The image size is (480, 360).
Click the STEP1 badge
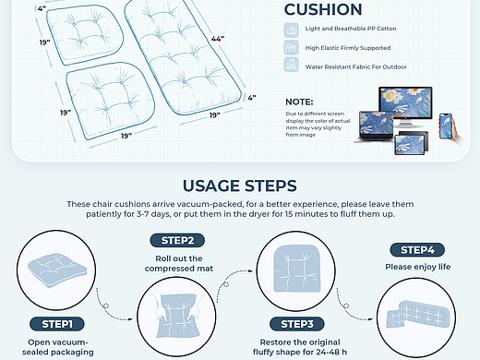tap(57, 324)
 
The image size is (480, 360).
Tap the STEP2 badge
tap(177, 240)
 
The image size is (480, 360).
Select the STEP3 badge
tap(297, 324)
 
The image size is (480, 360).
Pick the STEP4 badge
tap(417, 250)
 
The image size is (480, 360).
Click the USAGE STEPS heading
tap(240, 186)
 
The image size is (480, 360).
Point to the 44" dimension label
tap(218, 39)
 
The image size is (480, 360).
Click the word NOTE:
tap(299, 102)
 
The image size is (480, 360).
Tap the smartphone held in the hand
tap(446, 126)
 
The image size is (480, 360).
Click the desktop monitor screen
tap(405, 102)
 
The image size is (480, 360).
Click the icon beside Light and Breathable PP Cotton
tap(291, 30)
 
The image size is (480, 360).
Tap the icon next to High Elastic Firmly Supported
tap(291, 47)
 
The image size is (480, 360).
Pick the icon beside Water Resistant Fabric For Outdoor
tap(291, 65)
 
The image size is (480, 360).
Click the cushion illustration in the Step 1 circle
tap(57, 270)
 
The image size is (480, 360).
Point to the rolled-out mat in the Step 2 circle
tap(176, 316)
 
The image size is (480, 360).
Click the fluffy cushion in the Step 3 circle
tap(296, 269)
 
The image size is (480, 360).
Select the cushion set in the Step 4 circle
tap(417, 314)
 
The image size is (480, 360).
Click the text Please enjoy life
tap(417, 267)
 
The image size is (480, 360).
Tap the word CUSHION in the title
tap(323, 9)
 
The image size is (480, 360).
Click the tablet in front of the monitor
tap(410, 144)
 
